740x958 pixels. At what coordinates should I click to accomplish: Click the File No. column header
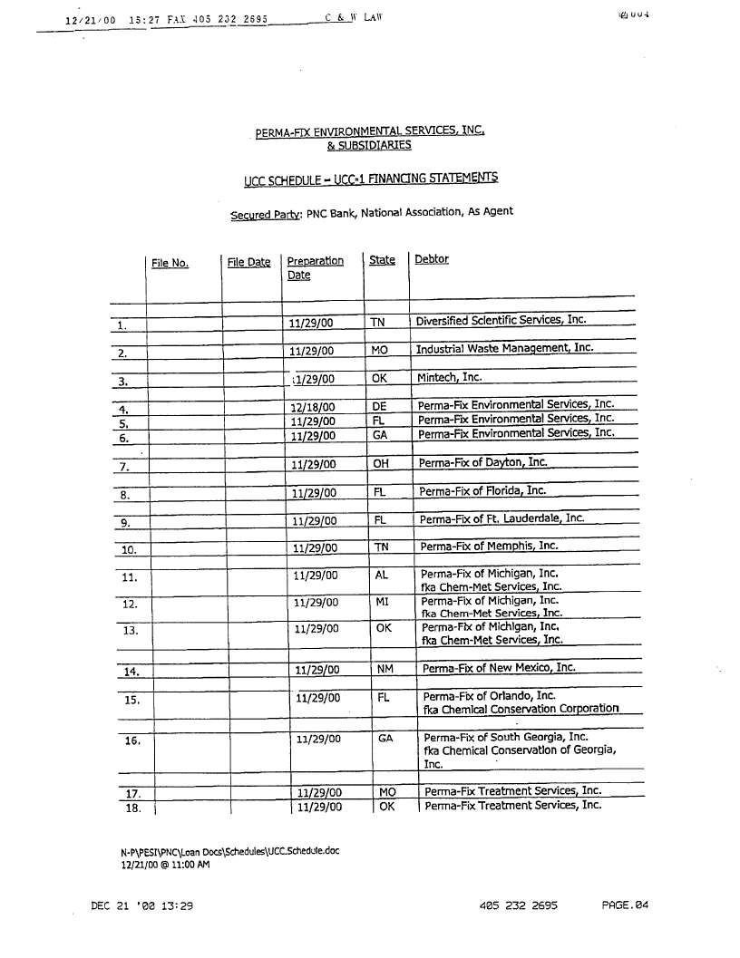[x=170, y=264]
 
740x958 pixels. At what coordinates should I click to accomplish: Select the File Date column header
[x=248, y=263]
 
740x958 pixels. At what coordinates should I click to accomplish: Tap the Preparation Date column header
[x=315, y=267]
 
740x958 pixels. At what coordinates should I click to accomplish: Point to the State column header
[x=382, y=260]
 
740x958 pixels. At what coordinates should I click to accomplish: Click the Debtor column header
[x=432, y=259]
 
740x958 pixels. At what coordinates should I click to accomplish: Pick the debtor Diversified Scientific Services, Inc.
[x=501, y=320]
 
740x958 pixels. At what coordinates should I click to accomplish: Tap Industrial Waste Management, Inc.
[x=504, y=348]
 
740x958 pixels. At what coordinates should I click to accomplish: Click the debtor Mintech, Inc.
[x=450, y=377]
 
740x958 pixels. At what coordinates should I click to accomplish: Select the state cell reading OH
[x=381, y=464]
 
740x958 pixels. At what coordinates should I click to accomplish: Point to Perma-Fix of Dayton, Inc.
[x=482, y=462]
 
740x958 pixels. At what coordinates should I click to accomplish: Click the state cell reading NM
[x=384, y=670]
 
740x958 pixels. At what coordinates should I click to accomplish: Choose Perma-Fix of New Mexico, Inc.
[x=499, y=668]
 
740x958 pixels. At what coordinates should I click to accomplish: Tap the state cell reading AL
[x=381, y=575]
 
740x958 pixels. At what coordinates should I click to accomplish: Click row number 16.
[x=132, y=740]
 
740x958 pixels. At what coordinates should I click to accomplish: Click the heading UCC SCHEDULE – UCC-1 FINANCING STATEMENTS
[x=370, y=179]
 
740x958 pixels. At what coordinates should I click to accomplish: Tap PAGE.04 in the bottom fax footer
[x=626, y=905]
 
